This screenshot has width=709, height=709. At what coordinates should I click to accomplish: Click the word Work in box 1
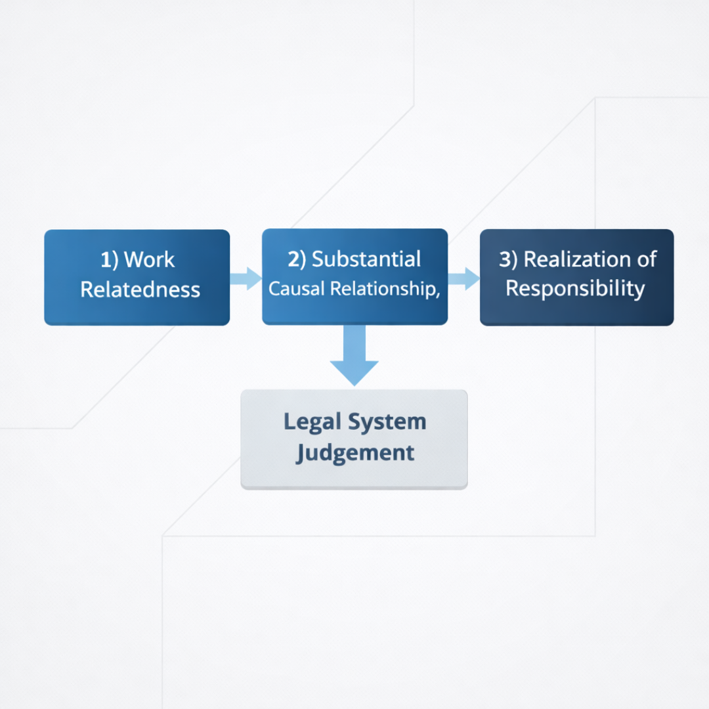150,260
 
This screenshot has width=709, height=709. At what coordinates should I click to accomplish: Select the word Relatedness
140,290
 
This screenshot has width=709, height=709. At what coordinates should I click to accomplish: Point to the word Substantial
366,259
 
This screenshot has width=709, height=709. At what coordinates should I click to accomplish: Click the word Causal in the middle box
297,289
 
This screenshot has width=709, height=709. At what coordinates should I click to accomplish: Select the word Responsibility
575,289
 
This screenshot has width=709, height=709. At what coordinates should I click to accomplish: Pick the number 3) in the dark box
508,259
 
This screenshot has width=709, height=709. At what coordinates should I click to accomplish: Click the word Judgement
354,452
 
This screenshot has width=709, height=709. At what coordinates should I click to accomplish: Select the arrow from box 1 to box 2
246,278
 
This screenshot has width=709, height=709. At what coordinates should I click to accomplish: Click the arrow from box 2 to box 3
464,278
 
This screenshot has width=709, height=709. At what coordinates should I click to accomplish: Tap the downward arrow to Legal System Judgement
354,358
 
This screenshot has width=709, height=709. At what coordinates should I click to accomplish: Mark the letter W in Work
134,260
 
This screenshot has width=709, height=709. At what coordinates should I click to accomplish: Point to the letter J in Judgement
301,452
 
